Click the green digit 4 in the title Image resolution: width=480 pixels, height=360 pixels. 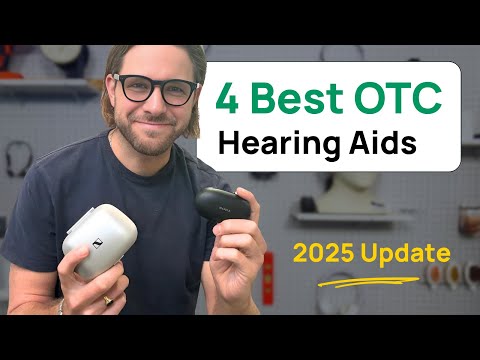[229, 99]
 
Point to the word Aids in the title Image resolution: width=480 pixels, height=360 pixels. [384, 142]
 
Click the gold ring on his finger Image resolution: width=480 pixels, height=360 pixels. [108, 298]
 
